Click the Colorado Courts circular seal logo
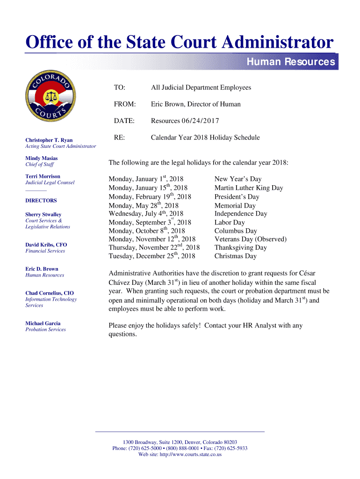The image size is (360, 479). pos(50,97)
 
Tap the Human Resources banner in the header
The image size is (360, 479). pos(290,62)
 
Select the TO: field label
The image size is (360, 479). pos(120,87)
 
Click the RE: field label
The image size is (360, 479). pos(119,138)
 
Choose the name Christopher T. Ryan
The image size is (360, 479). pos(49,140)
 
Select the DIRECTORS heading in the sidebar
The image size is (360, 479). pos(41,201)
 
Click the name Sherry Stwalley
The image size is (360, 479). pos(43,215)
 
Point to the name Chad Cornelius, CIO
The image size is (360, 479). pos(50,293)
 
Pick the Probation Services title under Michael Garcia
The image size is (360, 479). pos(45,329)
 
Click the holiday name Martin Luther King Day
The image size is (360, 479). pos(249,188)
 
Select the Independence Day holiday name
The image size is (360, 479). pos(241,214)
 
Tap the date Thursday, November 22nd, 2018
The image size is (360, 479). pos(154,247)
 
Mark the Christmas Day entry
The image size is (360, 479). pos(236,256)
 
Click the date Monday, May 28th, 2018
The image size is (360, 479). pos(144,205)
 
